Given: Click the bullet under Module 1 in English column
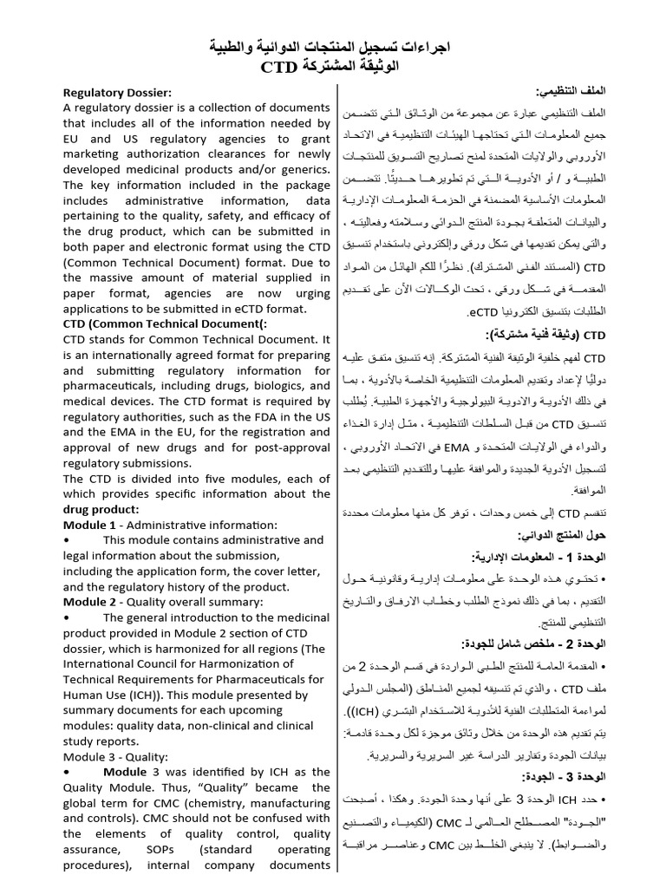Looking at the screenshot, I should point(67,540).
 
